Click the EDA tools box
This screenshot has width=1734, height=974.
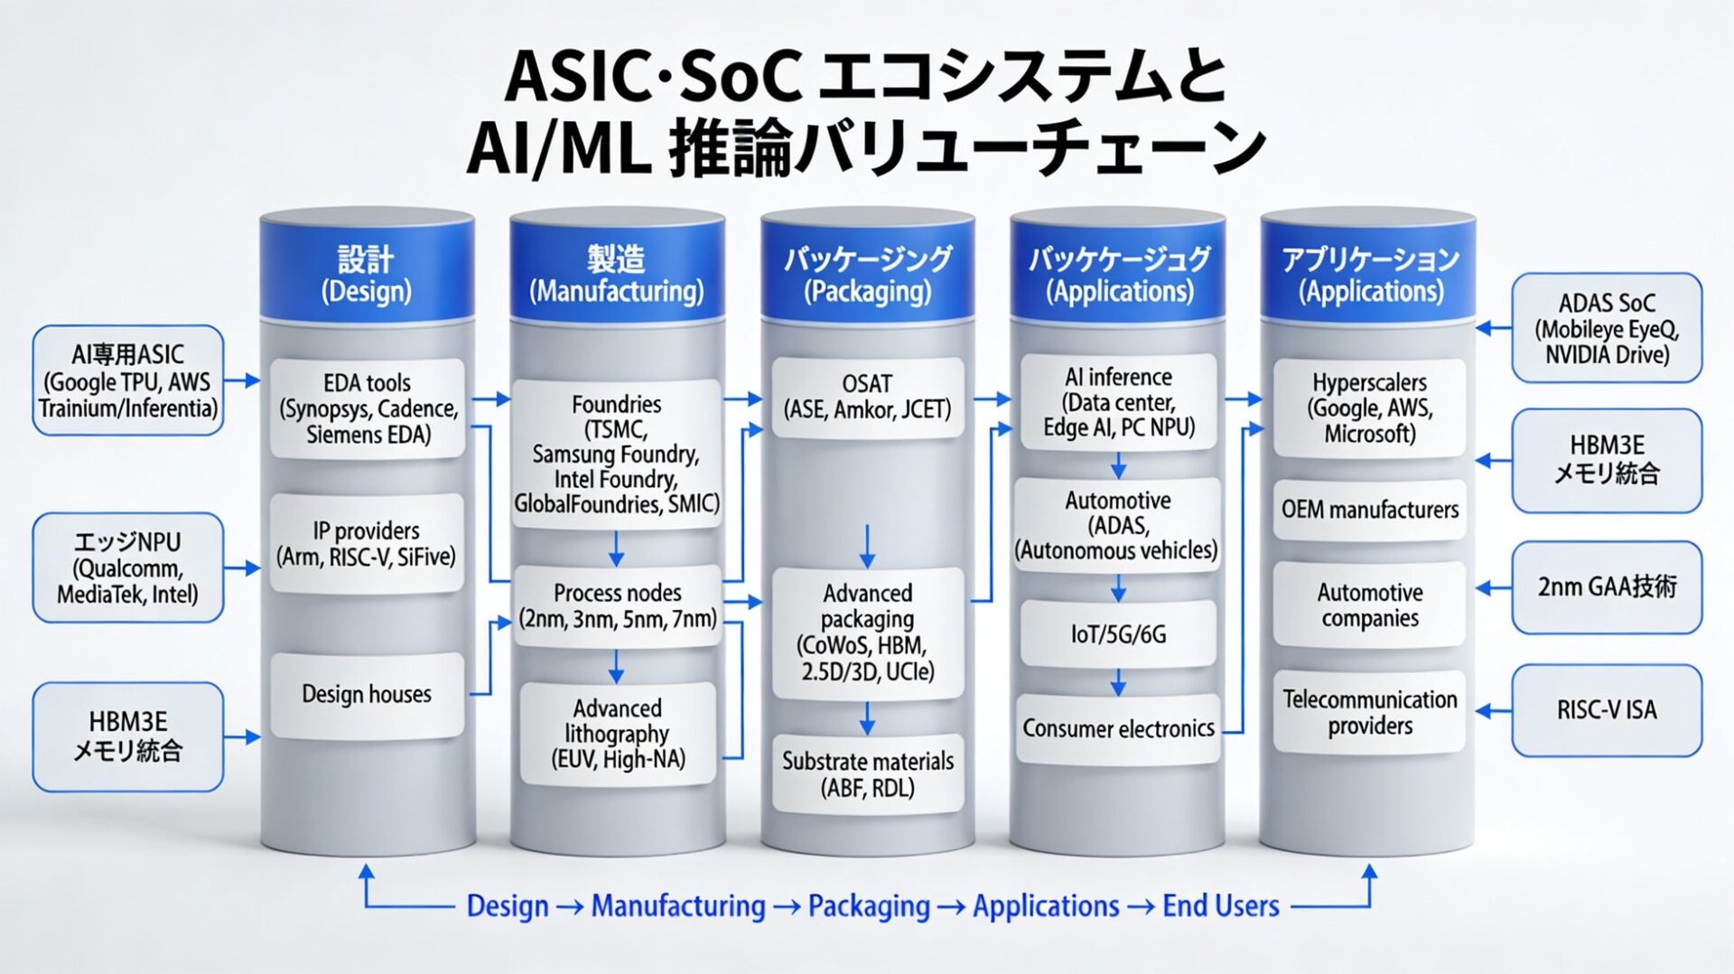368,408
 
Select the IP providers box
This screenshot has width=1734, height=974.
367,543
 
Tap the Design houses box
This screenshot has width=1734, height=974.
367,694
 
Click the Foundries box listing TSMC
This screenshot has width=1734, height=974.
616,454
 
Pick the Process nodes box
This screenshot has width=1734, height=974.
617,605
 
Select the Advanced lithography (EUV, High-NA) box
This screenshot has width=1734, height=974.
618,733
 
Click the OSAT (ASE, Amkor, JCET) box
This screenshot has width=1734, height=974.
867,397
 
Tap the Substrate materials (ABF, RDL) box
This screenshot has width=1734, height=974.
867,773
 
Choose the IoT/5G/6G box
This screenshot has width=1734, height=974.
1118,634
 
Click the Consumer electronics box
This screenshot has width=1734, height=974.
1118,728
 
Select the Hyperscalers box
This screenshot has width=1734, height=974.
1369,407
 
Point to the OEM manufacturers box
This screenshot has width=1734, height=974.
1369,510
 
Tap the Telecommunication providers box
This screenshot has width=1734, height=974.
1369,712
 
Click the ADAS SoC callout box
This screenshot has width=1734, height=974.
1607,328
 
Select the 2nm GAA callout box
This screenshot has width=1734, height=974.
1607,587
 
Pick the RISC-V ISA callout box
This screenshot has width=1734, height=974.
1607,710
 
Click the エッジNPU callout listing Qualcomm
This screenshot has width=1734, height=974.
127,567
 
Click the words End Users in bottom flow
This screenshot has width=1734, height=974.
1220,905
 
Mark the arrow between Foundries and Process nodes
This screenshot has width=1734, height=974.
616,548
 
